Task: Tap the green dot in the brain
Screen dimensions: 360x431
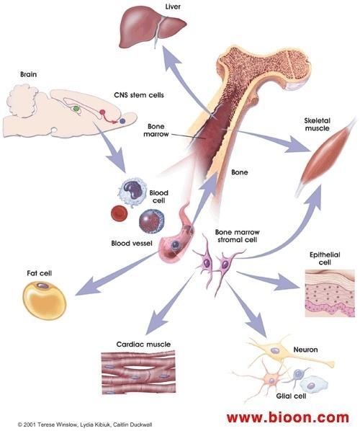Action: point(76,109)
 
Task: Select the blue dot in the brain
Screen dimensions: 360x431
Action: point(122,120)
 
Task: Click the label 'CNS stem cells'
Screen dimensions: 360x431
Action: point(139,95)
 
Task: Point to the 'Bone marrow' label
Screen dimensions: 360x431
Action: point(156,130)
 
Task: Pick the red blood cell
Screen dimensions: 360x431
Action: point(119,213)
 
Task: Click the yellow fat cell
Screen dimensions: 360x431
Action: point(44,301)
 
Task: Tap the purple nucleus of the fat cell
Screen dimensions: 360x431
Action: point(42,286)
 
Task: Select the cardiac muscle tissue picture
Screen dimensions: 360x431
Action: point(138,373)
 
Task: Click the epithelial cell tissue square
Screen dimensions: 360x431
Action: point(330,293)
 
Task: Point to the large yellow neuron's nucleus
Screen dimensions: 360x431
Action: point(274,350)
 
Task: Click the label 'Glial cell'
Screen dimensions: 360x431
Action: point(291,396)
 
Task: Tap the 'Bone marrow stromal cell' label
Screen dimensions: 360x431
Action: point(238,236)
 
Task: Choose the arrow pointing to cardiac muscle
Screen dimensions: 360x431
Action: point(170,303)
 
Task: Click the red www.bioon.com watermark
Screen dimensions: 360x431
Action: point(288,417)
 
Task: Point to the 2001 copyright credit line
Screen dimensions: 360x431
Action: point(85,425)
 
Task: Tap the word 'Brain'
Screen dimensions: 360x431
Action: point(28,74)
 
